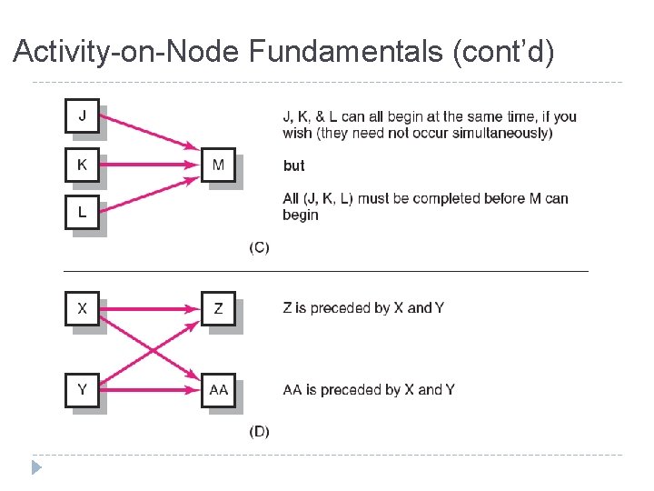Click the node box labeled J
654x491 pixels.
point(83,116)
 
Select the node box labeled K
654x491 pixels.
point(83,165)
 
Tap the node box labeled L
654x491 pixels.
point(83,213)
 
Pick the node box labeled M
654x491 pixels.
point(218,165)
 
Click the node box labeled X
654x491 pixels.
point(83,308)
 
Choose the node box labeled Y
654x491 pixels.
point(83,390)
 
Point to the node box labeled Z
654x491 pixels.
point(218,308)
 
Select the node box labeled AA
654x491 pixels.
point(218,390)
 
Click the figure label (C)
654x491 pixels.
point(259,248)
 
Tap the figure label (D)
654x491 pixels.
point(259,431)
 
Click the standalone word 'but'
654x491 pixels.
point(293,166)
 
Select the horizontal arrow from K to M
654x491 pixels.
point(150,165)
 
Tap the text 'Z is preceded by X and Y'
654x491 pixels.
point(363,308)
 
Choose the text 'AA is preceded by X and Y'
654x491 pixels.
point(369,390)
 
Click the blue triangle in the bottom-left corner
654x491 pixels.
point(35,469)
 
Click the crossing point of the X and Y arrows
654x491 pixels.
point(150,349)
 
